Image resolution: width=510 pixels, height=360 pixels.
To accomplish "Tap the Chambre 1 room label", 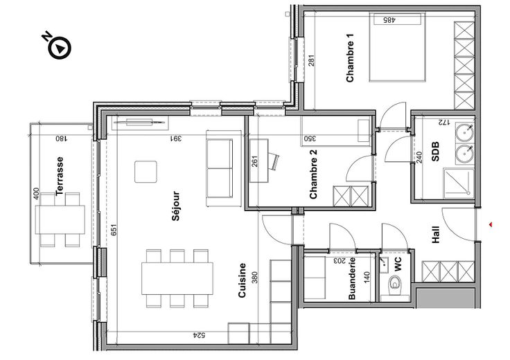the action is tap(350, 58).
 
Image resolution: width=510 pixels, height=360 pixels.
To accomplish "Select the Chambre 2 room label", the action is tap(313, 174).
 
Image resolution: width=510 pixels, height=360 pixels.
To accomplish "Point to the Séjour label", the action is tap(175, 206).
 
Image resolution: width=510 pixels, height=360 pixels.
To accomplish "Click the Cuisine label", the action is tap(242, 280).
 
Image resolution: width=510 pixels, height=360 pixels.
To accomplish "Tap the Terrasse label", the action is tap(59, 176).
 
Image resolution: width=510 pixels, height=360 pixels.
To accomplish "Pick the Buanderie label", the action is tap(352, 278).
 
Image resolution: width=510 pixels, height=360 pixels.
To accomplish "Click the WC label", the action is tap(398, 264).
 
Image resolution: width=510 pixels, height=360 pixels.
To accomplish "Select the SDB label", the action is tap(435, 152).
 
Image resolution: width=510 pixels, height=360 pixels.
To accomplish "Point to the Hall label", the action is tap(436, 235).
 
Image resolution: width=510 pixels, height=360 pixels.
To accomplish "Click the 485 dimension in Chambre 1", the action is tap(389, 20).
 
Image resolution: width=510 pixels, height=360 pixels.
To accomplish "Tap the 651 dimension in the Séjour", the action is tap(113, 230).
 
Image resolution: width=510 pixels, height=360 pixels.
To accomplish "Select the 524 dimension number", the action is tap(200, 335).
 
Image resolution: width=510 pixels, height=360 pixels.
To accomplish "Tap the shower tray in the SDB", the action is tap(459, 183).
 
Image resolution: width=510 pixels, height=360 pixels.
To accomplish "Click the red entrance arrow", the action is tap(491, 224).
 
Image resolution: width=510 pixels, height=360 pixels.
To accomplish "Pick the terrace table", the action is tap(60, 219).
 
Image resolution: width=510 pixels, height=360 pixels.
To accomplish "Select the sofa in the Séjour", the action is tap(220, 168).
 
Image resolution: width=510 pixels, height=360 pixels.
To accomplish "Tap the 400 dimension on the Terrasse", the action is tap(37, 194).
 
